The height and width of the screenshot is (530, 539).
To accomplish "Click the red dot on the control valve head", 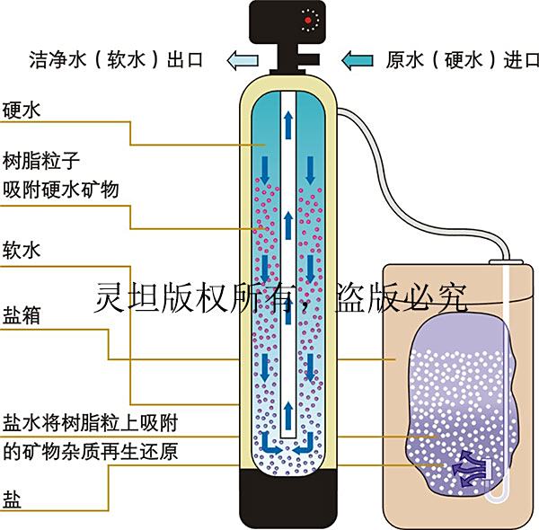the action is click(x=308, y=21).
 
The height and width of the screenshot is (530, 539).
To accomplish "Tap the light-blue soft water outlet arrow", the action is click(x=243, y=60).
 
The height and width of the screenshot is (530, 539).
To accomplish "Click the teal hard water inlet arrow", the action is click(x=358, y=60).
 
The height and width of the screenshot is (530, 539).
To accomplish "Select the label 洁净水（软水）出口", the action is click(x=116, y=60).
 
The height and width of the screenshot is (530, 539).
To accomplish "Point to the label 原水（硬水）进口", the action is click(x=462, y=60).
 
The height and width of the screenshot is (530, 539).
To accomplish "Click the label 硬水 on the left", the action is click(x=22, y=110).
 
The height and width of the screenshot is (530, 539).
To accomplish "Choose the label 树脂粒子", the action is click(x=41, y=161).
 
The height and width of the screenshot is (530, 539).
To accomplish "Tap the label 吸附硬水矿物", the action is click(x=60, y=190).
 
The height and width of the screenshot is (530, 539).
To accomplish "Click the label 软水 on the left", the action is click(x=22, y=250).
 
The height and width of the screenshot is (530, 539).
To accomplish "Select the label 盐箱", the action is click(x=22, y=315).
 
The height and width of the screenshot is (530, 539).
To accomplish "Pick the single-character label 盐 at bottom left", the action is click(x=12, y=499).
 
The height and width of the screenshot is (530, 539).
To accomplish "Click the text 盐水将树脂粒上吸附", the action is click(x=90, y=423).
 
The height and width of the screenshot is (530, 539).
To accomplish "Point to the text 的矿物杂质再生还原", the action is click(x=90, y=451).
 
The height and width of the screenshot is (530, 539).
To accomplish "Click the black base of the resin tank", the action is click(x=288, y=499).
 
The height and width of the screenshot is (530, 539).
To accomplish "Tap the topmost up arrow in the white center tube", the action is click(x=288, y=125).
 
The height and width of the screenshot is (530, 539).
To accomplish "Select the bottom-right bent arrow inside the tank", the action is click(x=305, y=444).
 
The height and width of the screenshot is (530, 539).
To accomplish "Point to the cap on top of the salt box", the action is click(x=506, y=262).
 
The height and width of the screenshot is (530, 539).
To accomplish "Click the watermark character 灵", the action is click(x=110, y=298).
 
